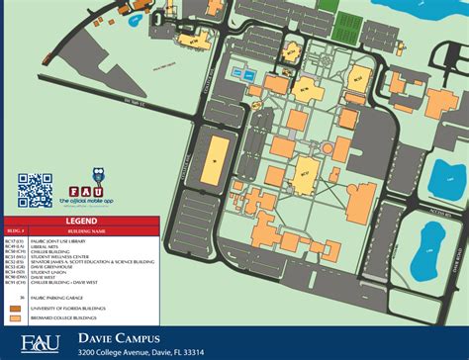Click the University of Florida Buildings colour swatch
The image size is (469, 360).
[x=15, y=308]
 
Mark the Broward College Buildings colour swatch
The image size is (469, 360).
[x=15, y=316]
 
